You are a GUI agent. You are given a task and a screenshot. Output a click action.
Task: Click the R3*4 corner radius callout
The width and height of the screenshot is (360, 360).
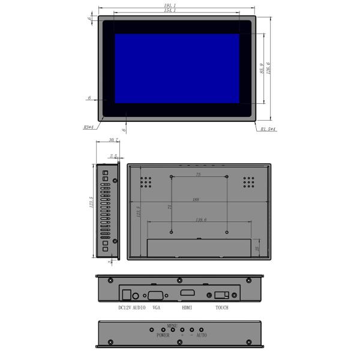click(88, 127)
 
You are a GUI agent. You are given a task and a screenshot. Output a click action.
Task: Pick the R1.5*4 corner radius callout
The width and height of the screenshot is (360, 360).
click(268, 129)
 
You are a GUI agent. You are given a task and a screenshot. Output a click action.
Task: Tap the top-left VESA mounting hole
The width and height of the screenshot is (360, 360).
click(172, 176)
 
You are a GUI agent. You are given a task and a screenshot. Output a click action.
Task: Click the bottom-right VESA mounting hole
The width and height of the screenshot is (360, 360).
click(227, 232)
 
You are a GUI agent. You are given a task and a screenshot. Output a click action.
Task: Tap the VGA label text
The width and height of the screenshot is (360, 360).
click(157, 308)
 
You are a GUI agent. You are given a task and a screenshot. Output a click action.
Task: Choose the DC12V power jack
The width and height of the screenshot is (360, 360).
click(126, 295)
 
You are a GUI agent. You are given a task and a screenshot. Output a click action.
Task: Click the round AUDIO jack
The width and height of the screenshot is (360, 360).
click(137, 295)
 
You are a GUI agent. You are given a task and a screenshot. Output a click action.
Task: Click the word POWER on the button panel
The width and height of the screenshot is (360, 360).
click(163, 336)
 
